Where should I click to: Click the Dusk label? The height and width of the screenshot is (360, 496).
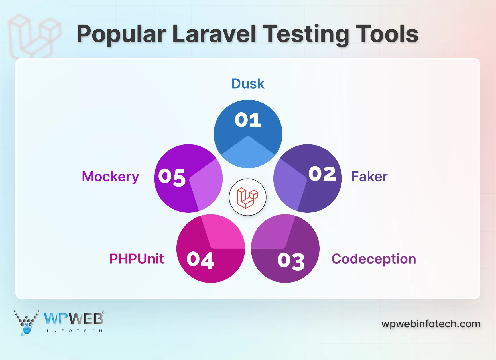click(x=248, y=84)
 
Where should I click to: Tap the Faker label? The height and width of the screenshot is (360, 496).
click(x=369, y=177)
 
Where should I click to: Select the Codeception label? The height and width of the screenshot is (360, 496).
click(x=374, y=259)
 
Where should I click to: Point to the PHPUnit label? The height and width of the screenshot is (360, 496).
click(x=137, y=259)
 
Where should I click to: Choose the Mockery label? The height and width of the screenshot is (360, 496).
click(x=110, y=177)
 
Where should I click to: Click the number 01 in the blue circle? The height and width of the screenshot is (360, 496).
click(x=248, y=120)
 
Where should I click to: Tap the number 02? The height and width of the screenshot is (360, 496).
click(x=322, y=174)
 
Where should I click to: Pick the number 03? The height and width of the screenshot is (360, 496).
click(x=291, y=261)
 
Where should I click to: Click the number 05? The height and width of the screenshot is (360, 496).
click(x=172, y=177)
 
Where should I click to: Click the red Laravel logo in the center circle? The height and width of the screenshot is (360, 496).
click(x=247, y=197)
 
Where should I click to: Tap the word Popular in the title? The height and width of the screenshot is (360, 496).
click(x=121, y=34)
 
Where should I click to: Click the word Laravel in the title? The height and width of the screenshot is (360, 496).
click(x=214, y=34)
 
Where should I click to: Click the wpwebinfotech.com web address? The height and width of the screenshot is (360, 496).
click(x=431, y=324)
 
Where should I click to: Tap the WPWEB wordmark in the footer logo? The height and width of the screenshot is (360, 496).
click(x=74, y=319)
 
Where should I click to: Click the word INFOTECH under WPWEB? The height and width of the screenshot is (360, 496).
click(x=74, y=331)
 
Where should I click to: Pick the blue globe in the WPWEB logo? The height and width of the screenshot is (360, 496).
click(x=27, y=330)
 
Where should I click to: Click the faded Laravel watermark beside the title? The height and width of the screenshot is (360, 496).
click(x=34, y=36)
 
